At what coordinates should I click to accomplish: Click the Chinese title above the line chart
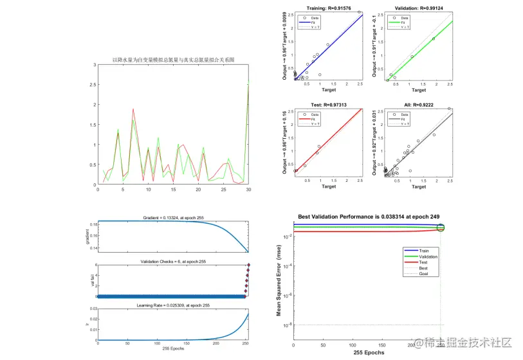[x=173, y=59]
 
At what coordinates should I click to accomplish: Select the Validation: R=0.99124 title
[x=420, y=7]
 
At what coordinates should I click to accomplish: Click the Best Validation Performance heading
[x=369, y=217]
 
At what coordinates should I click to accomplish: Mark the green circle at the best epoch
[x=441, y=228]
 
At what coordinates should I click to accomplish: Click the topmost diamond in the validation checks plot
[x=248, y=265]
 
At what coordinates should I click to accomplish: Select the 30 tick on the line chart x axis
[x=248, y=190]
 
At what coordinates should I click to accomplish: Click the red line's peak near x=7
[x=133, y=109]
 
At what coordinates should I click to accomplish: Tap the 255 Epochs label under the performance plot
[x=369, y=353]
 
